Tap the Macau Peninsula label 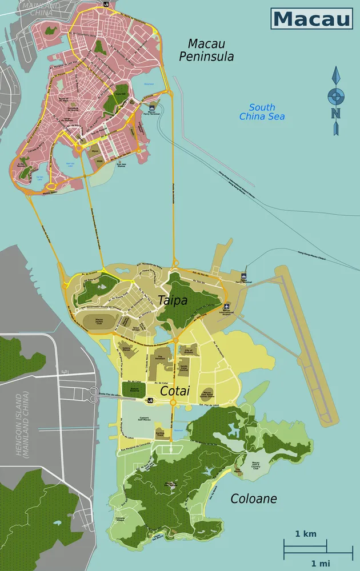[206, 50]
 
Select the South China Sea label [262, 112]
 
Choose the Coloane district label [253, 498]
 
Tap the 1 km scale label [306, 534]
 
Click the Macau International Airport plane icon [227, 306]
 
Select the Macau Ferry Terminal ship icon [151, 107]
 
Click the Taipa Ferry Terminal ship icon [245, 275]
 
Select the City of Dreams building [189, 350]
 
